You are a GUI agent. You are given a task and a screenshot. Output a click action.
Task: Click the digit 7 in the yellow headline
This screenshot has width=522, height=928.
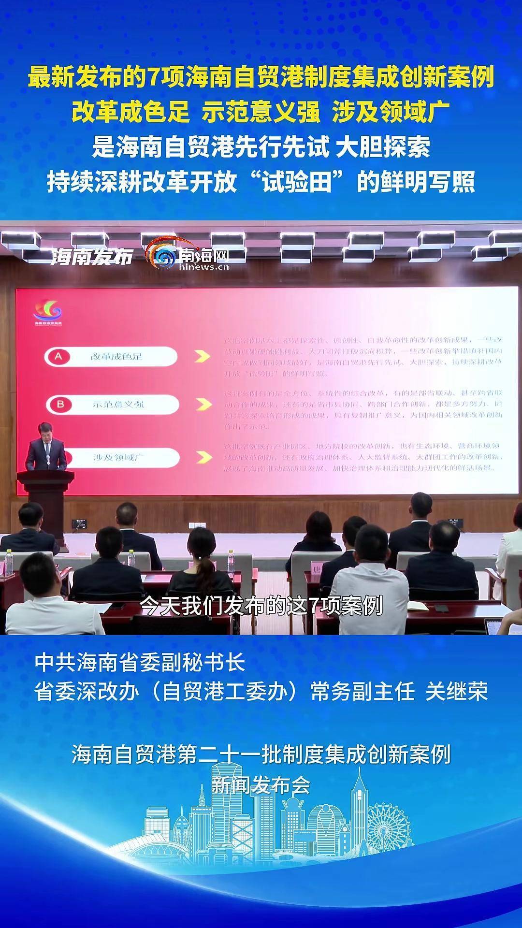153,78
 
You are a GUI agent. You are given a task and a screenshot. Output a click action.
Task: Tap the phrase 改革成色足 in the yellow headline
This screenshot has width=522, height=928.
130,112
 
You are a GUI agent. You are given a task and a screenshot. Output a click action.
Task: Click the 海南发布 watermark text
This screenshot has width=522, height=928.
92,257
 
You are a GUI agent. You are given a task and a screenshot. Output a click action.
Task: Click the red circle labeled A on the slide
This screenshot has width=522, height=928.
58,357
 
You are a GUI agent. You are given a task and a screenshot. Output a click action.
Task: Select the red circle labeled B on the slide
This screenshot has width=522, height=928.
60,404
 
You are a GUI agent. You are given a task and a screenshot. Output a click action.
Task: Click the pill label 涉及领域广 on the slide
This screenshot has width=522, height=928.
119,457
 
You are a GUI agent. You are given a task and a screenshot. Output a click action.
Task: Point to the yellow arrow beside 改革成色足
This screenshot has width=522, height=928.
202,356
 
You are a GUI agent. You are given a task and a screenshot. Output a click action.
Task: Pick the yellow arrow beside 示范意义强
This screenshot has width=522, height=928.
204,404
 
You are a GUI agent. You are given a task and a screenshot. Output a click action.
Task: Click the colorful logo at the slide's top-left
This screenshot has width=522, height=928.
47,310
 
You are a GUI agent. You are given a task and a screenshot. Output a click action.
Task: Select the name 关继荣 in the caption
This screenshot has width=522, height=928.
456,692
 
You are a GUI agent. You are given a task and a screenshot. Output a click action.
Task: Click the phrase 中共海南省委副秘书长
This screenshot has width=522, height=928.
140,663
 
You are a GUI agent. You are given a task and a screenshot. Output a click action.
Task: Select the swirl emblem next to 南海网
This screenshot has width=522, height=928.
161,254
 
